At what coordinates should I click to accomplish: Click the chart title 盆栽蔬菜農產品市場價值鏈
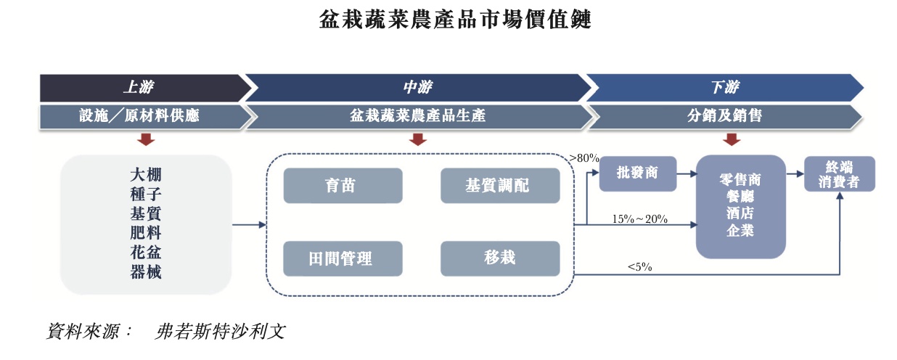click(455, 20)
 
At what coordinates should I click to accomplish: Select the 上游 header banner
click(139, 88)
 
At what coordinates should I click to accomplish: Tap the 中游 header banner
click(418, 88)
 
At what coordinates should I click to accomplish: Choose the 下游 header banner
click(724, 88)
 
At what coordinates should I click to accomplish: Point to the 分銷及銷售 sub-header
click(724, 115)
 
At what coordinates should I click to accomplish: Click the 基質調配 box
click(499, 186)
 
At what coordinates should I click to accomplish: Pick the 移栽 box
click(499, 258)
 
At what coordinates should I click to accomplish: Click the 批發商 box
click(637, 173)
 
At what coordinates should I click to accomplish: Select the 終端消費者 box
click(839, 174)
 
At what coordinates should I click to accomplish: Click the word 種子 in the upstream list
click(145, 195)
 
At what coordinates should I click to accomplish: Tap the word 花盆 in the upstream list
click(145, 253)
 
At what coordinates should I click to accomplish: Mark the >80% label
click(584, 158)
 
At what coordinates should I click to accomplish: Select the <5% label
click(639, 267)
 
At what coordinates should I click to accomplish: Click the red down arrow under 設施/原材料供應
click(147, 139)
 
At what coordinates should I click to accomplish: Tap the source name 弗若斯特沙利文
click(221, 332)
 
